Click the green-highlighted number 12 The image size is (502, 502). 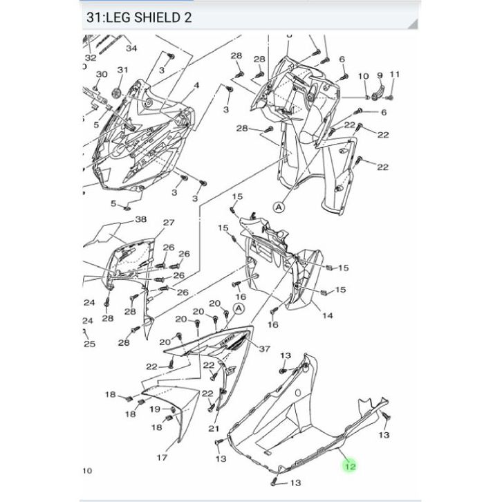[350, 467]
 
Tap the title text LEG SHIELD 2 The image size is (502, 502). [149, 17]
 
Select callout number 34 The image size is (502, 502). [131, 48]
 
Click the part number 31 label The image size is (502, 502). [122, 70]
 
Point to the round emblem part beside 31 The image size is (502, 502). [117, 93]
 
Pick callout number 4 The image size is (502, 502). [196, 86]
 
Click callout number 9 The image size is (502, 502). [380, 75]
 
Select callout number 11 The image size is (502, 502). [395, 74]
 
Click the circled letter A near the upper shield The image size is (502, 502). [279, 207]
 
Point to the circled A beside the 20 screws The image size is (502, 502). [239, 309]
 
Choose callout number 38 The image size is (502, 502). [141, 219]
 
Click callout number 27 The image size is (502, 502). [169, 223]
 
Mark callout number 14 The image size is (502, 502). [327, 316]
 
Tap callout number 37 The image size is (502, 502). [264, 348]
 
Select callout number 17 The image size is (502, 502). [162, 458]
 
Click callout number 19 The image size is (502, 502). [155, 409]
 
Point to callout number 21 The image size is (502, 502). [214, 429]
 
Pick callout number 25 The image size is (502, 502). [90, 344]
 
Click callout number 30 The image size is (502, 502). [102, 74]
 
